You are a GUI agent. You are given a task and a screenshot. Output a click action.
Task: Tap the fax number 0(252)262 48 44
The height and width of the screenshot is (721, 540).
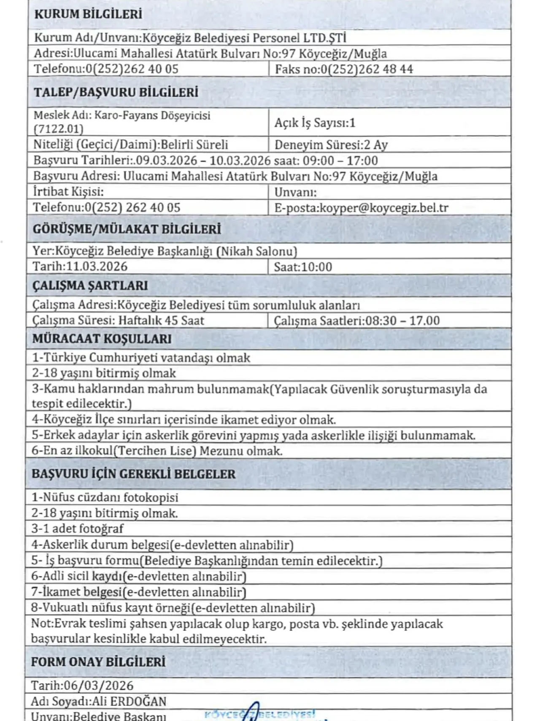[x=367, y=69]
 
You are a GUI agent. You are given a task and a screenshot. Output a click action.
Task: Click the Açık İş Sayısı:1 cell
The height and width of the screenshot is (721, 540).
[x=315, y=123]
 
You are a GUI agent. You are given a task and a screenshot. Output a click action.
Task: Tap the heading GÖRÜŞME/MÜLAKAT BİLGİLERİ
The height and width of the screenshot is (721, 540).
[x=127, y=229]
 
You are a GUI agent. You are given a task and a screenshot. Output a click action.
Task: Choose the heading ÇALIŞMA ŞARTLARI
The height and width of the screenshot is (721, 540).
[x=90, y=286]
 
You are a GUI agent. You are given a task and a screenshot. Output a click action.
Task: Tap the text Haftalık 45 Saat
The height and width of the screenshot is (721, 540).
[x=161, y=321]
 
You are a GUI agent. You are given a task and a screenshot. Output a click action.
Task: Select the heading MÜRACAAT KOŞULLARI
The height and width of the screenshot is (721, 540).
[x=102, y=339]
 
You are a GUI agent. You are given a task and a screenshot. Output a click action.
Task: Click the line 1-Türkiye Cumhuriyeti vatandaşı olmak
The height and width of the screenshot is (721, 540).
[x=141, y=358]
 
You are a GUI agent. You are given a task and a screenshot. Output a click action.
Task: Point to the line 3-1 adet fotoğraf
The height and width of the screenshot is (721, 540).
[x=77, y=528]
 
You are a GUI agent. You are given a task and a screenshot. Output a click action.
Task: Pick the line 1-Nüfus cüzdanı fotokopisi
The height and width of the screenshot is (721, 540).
[x=105, y=497]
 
